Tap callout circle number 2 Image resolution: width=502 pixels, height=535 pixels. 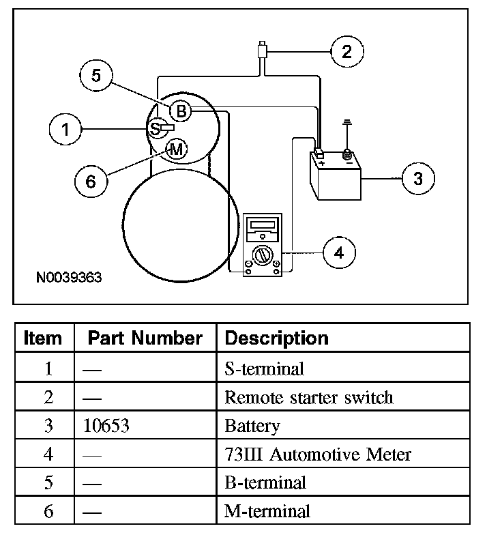[x=347, y=51]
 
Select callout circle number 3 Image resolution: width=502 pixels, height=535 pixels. [x=417, y=178]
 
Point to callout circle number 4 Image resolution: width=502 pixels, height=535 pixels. [x=339, y=252]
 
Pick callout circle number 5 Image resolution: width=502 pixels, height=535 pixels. [x=96, y=76]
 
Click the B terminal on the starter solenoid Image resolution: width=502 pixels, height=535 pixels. [x=180, y=111]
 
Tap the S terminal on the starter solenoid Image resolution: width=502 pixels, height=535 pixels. [x=156, y=128]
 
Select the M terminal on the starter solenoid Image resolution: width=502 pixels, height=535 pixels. [x=176, y=149]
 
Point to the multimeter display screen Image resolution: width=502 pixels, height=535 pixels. [x=263, y=226]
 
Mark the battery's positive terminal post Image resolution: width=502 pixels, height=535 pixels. [x=319, y=154]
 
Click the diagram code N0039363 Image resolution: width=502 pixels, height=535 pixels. [x=69, y=278]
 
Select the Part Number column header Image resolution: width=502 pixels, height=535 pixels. [x=145, y=338]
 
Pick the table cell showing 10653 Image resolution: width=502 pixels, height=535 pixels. [x=105, y=426]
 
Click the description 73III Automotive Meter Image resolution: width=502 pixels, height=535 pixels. [x=318, y=454]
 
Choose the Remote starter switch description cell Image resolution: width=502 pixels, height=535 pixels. [x=309, y=398]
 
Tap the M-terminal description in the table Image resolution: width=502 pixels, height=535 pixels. [x=267, y=510]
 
